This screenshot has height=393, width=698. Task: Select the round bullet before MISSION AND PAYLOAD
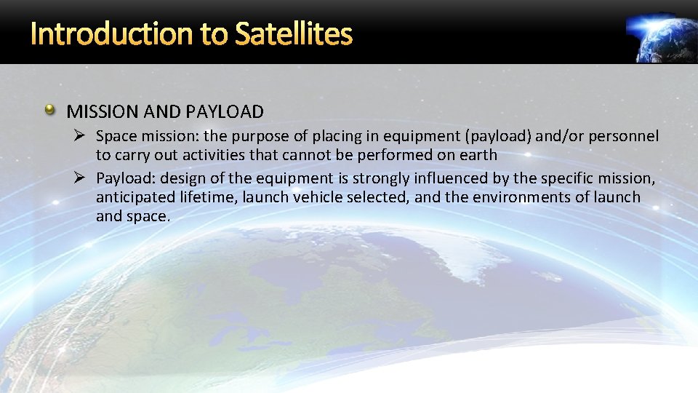[x=49, y=111]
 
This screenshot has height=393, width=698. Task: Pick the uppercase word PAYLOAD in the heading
[x=225, y=111]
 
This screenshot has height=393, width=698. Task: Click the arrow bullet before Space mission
[x=83, y=136]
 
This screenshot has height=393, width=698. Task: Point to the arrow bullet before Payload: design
[x=83, y=178]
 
